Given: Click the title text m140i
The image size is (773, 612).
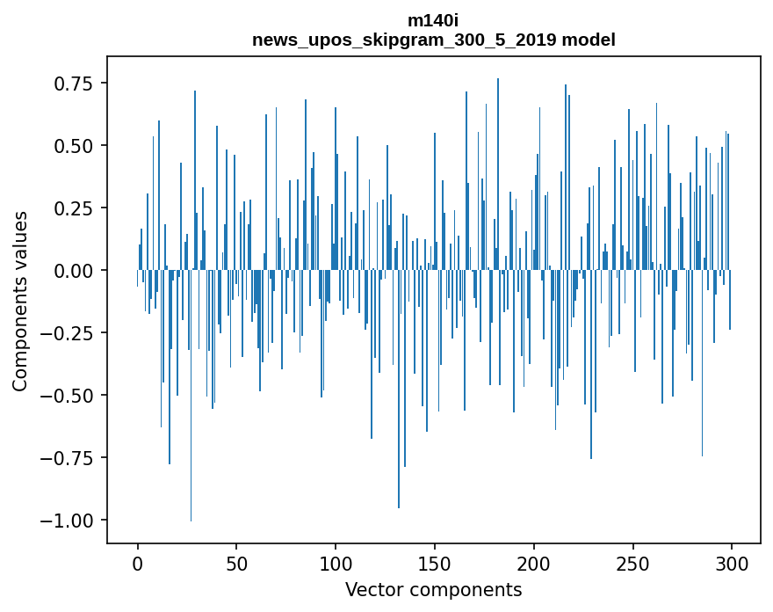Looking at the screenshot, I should coord(433,20).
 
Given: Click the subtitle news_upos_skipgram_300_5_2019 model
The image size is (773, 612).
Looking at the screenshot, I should coord(433,40).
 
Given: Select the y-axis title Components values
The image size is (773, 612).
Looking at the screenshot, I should coord(19,301).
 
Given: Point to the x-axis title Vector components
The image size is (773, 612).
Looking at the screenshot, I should coord(433,590).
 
